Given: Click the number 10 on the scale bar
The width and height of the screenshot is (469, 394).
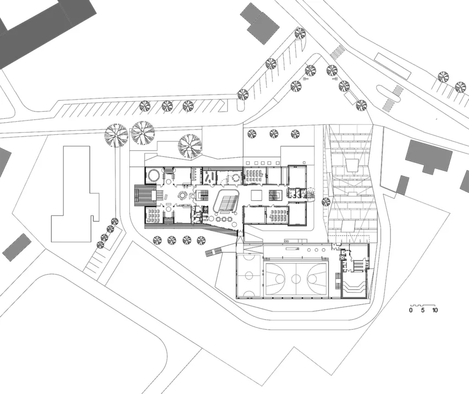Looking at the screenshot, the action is tap(435, 310).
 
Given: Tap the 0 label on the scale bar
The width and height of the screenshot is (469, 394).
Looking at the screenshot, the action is tap(411, 310).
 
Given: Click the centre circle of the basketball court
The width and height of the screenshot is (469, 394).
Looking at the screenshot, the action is tap(296, 279).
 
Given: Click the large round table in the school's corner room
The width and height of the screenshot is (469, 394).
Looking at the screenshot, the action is tap(154, 175).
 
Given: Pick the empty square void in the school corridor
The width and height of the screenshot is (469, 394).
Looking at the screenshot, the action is tap(257, 195).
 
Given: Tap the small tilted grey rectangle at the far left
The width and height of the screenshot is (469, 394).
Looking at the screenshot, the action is tap(16, 247).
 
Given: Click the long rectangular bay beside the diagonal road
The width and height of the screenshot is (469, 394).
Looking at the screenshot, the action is tap(393, 66).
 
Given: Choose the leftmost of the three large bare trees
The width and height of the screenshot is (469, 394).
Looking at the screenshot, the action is tap(116, 135).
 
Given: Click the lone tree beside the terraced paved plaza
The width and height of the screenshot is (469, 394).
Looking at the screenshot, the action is tap(326, 202).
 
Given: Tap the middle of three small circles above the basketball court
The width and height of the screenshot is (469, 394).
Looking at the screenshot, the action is tap(316, 250).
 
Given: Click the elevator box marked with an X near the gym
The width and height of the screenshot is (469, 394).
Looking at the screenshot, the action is tap(341, 257).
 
